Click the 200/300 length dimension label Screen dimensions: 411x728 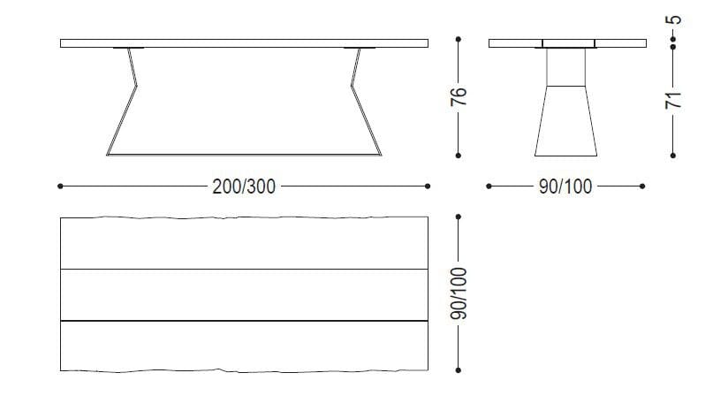click(x=244, y=186)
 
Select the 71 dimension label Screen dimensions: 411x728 click(x=673, y=99)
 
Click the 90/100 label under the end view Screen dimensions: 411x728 click(x=565, y=186)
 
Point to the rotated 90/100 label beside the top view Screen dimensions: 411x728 click(x=458, y=294)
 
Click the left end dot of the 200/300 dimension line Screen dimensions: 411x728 click(x=59, y=186)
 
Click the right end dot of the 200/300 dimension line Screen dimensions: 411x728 click(x=428, y=186)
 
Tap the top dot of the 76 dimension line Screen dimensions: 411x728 click(x=458, y=40)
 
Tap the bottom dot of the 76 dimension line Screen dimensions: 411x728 click(x=458, y=156)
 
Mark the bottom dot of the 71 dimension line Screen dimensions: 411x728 click(x=673, y=156)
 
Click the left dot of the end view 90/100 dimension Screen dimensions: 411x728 click(x=489, y=186)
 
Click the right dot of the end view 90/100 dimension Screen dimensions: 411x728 click(x=642, y=186)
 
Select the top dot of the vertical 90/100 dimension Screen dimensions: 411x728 click(x=458, y=217)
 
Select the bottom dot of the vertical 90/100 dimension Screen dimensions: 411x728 click(x=458, y=370)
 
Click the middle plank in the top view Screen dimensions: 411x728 click(x=244, y=293)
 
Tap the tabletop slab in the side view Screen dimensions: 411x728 click(x=244, y=42)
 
